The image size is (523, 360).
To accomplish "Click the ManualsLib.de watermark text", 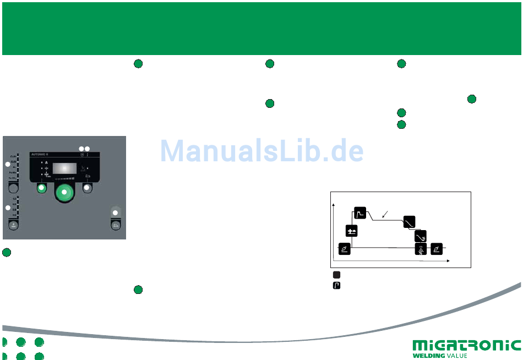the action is [262, 150].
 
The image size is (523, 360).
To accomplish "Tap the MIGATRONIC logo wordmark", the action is [466, 345].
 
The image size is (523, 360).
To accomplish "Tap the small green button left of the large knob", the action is [41, 188].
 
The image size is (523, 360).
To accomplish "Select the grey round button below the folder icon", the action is [87, 188].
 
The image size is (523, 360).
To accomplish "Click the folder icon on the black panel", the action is [87, 176].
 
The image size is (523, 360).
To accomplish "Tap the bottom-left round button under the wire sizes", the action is [12, 225].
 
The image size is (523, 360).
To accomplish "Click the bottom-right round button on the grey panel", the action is [115, 225].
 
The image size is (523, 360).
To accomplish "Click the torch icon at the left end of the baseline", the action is [344, 249].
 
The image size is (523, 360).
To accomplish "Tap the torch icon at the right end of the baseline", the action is [437, 249].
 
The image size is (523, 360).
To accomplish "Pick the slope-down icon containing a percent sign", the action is [421, 236].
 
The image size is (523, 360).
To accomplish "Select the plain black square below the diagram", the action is [336, 274].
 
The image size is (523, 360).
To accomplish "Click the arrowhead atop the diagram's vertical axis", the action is [334, 205].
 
